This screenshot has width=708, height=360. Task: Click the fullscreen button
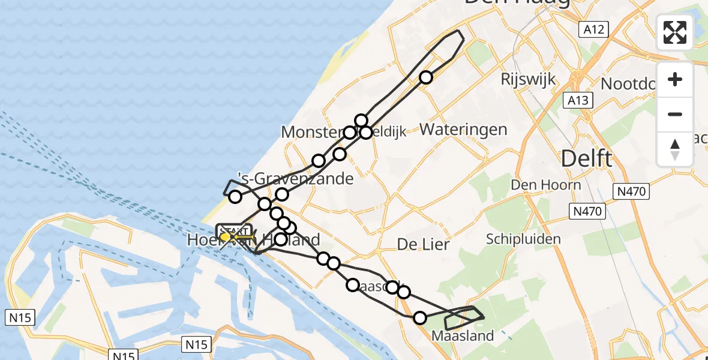[675, 32]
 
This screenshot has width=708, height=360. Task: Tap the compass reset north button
[675, 149]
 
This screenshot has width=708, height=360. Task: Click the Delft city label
[586, 159]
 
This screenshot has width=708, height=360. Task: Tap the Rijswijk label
[529, 79]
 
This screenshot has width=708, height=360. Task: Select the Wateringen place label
[463, 129]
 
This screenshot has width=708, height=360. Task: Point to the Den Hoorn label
[546, 184]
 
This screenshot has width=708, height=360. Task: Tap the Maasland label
[463, 336]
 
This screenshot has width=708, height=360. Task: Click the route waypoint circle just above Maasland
[420, 317]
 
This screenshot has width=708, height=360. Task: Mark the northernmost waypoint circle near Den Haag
[426, 77]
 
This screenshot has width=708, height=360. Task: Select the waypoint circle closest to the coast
[235, 196]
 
